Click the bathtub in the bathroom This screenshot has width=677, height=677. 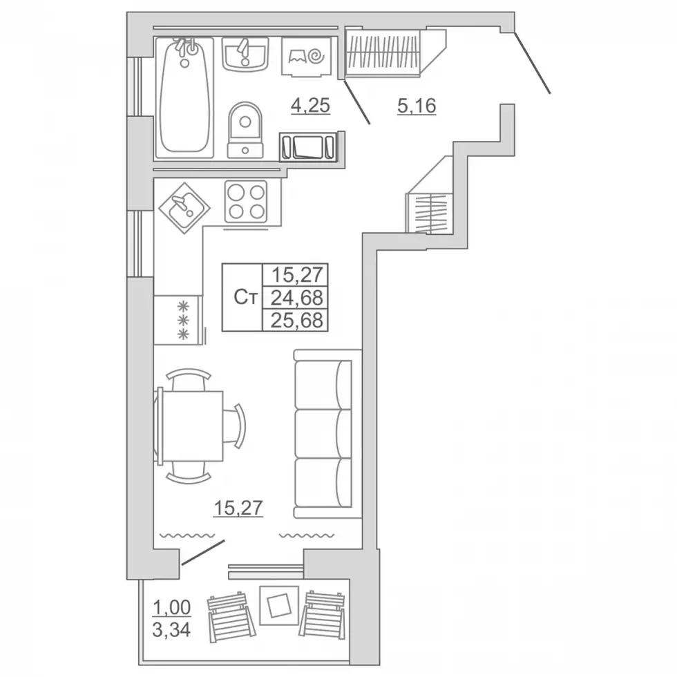pos(184,98)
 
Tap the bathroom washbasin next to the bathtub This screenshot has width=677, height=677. pos(245,54)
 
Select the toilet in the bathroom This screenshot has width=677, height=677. pos(245,130)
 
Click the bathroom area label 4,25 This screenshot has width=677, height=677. pos(310,106)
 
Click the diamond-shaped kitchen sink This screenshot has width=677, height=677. pos(184,208)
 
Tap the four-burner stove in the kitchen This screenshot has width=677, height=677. pos(246,201)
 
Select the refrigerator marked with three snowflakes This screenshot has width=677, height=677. pos(178,320)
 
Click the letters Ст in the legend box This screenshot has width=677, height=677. pos(246,298)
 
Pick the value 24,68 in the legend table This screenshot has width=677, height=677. pos(296,298)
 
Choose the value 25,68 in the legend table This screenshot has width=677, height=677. pos(296,321)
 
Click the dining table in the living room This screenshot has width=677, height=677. pos(191,426)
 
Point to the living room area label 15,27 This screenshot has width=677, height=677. pos(238,508)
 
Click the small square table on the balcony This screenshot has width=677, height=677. pos(278,605)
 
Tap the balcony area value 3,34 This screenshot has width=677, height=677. pos(171,631)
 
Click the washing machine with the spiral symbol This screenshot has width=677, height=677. pos(307,57)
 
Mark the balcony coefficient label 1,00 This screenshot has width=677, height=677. pos(171,608)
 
